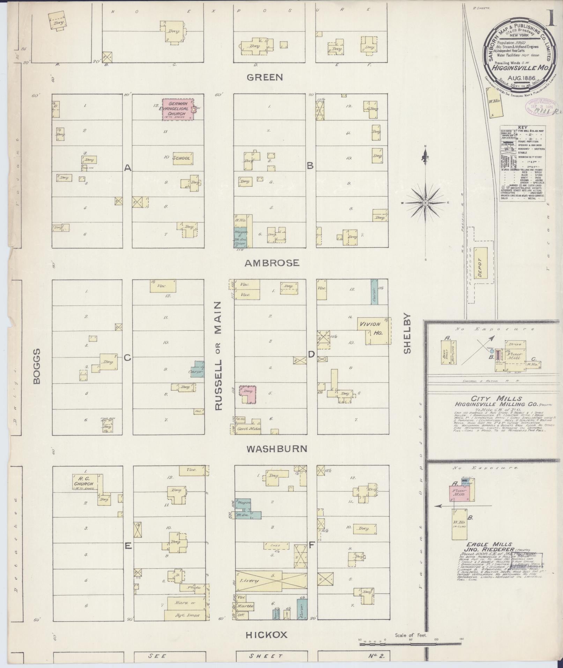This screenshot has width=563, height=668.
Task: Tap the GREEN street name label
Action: click(x=265, y=77)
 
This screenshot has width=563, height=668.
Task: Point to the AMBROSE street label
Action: click(x=272, y=263)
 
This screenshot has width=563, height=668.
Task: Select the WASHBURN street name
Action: click(x=277, y=449)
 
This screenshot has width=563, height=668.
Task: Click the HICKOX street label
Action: click(x=267, y=635)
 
